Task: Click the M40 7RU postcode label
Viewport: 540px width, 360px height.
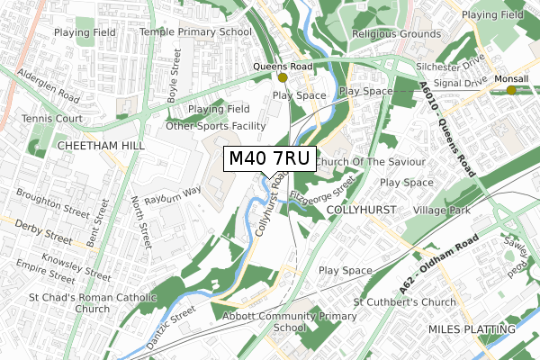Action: pos(270,159)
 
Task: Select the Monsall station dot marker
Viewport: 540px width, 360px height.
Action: pos(511,89)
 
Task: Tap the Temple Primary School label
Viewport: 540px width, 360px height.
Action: pos(195,32)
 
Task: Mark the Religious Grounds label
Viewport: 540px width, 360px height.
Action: pos(396,33)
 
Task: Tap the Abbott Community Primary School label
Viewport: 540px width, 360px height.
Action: pos(283,322)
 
